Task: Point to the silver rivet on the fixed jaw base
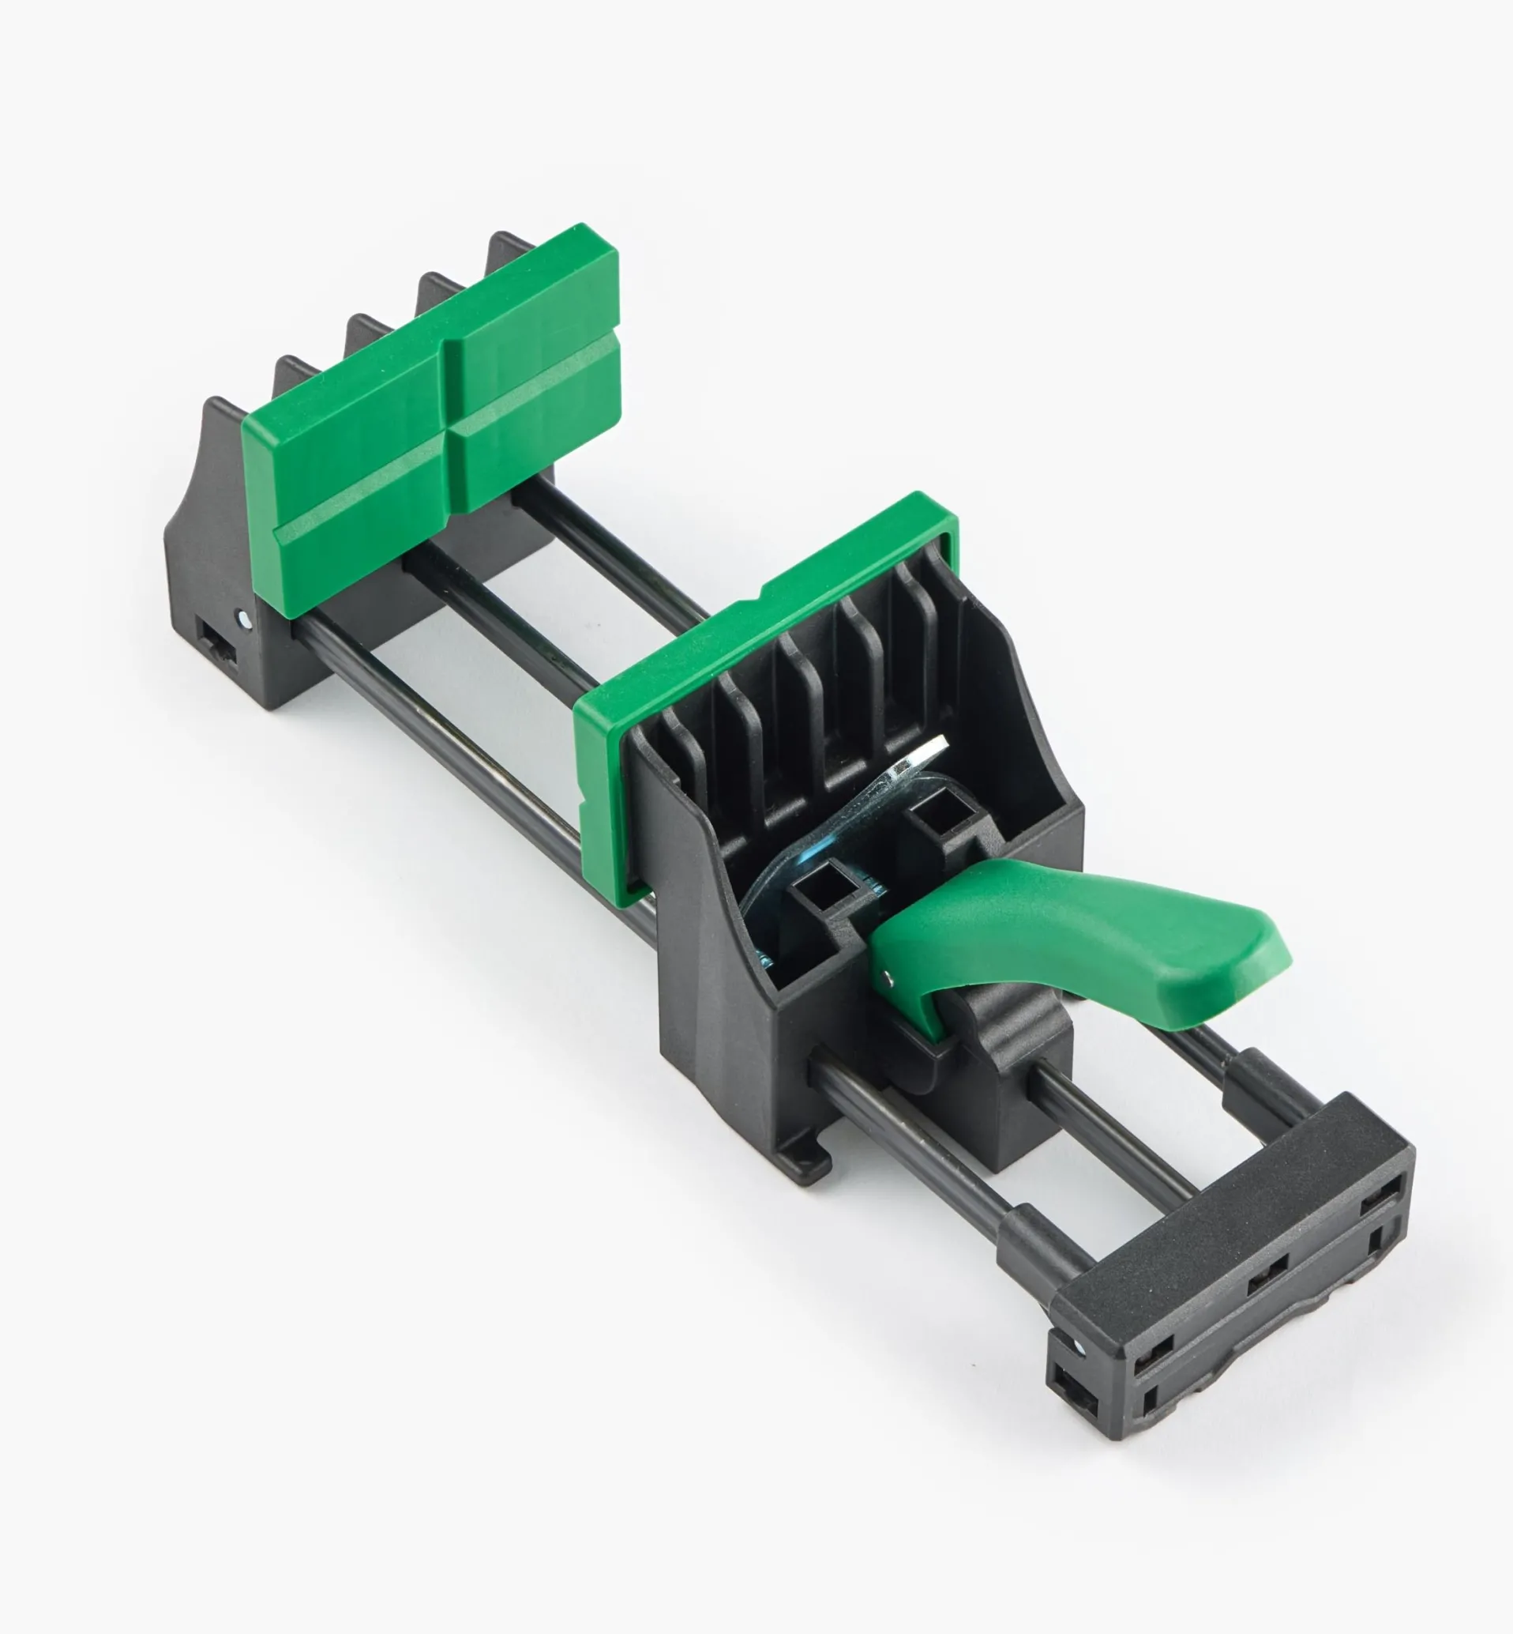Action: (242, 617)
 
